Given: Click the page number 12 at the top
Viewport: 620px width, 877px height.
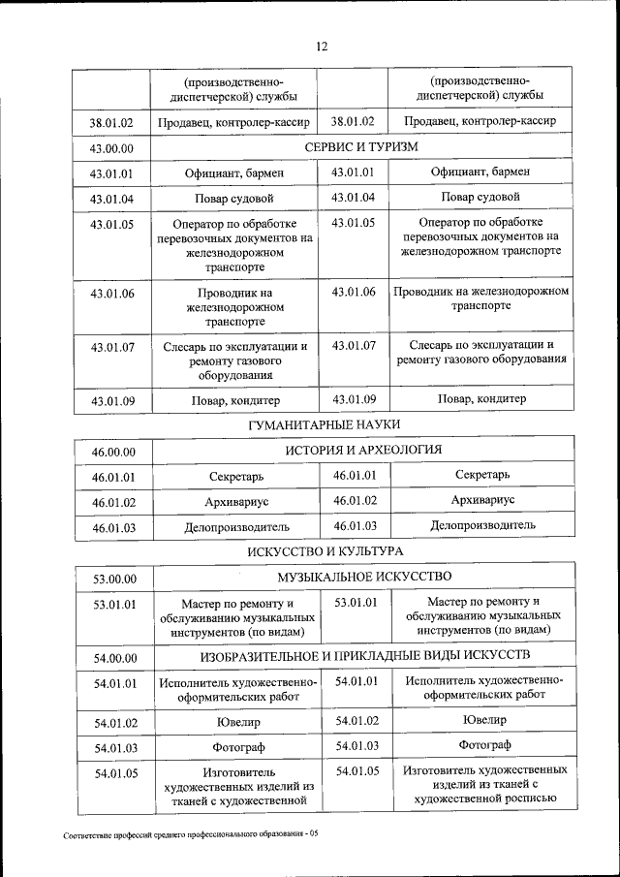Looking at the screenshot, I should pyautogui.click(x=322, y=46).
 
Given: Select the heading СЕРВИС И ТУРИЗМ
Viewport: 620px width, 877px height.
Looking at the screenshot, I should pyautogui.click(x=361, y=146).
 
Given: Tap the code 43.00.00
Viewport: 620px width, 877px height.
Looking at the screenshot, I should pyautogui.click(x=111, y=148).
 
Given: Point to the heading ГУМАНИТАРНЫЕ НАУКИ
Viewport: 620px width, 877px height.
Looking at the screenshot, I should pyautogui.click(x=324, y=424).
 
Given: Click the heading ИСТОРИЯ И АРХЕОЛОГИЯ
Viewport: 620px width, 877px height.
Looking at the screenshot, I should pyautogui.click(x=363, y=450).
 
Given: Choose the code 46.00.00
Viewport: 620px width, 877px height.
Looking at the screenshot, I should pyautogui.click(x=113, y=452).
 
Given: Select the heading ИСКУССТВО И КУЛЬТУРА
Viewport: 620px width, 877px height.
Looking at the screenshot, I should pyautogui.click(x=324, y=551).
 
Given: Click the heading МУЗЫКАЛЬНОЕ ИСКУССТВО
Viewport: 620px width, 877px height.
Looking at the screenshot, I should pyautogui.click(x=364, y=577).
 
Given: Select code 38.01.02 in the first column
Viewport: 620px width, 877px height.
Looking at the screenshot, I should pyautogui.click(x=111, y=123).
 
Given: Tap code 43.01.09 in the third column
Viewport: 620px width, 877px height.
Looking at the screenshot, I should pyautogui.click(x=353, y=398).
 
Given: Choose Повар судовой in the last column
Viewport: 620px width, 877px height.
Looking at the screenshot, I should pyautogui.click(x=481, y=197).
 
